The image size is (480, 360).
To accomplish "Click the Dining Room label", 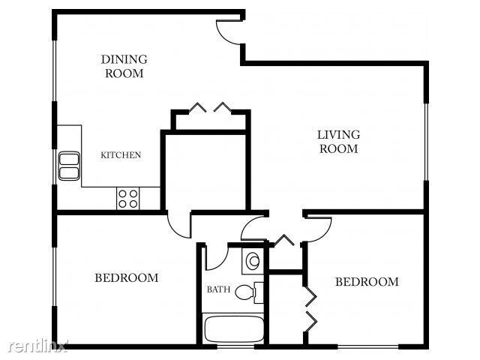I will click(124, 66).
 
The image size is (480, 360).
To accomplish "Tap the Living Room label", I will click(338, 141).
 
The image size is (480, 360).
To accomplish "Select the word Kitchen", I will click(121, 155).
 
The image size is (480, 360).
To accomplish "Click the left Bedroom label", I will click(126, 277).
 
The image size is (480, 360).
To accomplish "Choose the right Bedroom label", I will click(366, 282).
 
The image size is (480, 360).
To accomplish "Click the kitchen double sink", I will click(70, 165).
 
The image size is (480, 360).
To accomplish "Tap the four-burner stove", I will click(127, 198).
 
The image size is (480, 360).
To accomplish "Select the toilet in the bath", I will click(248, 291).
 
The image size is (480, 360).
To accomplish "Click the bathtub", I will click(232, 330).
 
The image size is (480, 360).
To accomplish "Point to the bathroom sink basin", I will click(253, 260).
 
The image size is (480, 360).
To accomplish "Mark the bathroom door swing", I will click(215, 256).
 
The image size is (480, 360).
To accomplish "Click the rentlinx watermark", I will click(37, 346).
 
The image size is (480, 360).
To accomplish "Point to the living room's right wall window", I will click(426, 142).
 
